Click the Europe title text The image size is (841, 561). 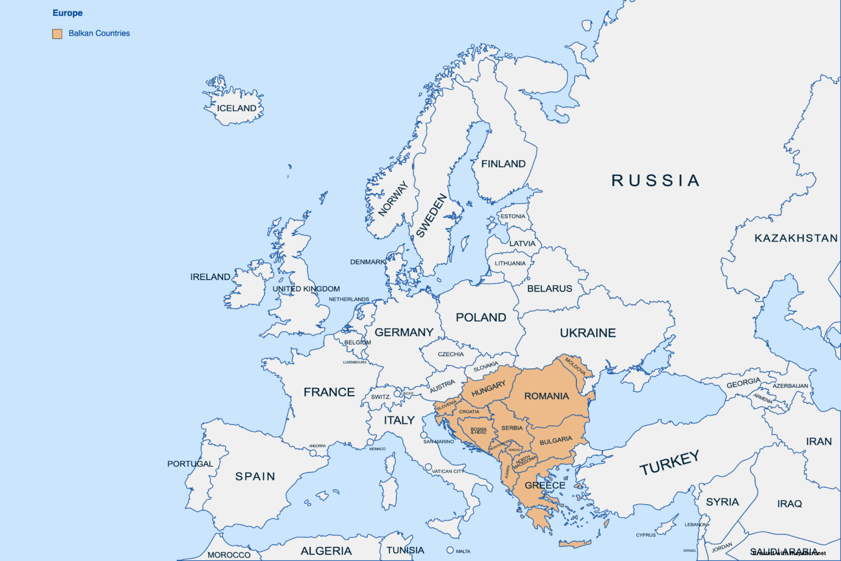pyautogui.click(x=67, y=13)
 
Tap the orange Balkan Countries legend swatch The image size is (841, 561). pyautogui.click(x=57, y=33)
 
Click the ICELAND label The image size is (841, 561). pyautogui.click(x=237, y=108)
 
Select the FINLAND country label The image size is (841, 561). pyautogui.click(x=503, y=164)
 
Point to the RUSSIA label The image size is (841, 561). pyautogui.click(x=655, y=180)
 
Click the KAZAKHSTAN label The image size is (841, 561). pyautogui.click(x=796, y=238)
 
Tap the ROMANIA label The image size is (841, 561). pyautogui.click(x=546, y=396)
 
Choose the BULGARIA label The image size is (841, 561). pyautogui.click(x=556, y=440)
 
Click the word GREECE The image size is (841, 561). pyautogui.click(x=545, y=485)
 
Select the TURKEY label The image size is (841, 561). pyautogui.click(x=669, y=463)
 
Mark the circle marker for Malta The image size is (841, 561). pyautogui.click(x=450, y=550)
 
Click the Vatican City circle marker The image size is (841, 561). pyautogui.click(x=428, y=467)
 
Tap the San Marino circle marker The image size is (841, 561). pyautogui.click(x=424, y=436)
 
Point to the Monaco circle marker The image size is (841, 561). pyautogui.click(x=370, y=442)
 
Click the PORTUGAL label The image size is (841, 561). pyautogui.click(x=190, y=463)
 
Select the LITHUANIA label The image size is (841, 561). pyautogui.click(x=510, y=263)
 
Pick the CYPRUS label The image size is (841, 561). pyautogui.click(x=646, y=535)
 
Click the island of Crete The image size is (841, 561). pyautogui.click(x=575, y=543)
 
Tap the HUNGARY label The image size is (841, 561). pyautogui.click(x=488, y=388)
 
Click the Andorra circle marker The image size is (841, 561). pyautogui.click(x=313, y=453)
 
